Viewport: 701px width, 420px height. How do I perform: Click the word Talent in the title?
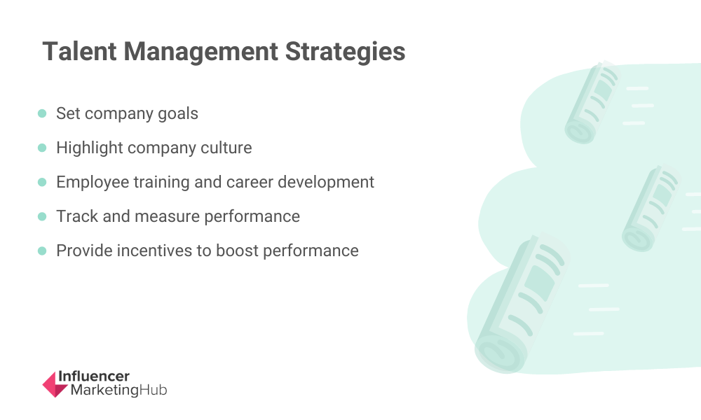tap(80, 51)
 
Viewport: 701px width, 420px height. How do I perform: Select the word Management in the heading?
tap(200, 51)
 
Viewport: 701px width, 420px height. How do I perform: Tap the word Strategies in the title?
tap(345, 52)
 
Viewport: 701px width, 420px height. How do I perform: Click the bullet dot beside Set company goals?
tap(42, 113)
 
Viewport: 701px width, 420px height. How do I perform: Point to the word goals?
tap(178, 114)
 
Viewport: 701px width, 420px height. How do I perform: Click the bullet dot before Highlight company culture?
tap(42, 148)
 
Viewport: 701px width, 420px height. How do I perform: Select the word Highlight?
tap(90, 148)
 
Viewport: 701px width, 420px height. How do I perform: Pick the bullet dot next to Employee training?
tap(42, 182)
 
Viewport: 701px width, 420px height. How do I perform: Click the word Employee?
tap(93, 183)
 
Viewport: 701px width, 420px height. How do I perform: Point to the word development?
tap(326, 183)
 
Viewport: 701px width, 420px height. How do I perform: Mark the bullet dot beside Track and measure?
tap(42, 216)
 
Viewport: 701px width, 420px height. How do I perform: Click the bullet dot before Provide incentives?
tap(42, 251)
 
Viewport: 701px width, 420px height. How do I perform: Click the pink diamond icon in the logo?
tap(55, 384)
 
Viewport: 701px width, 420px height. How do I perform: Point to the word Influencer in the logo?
tap(94, 377)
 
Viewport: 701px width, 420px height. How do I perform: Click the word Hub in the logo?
tap(154, 390)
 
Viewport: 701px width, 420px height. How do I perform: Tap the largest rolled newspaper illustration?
tap(521, 304)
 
